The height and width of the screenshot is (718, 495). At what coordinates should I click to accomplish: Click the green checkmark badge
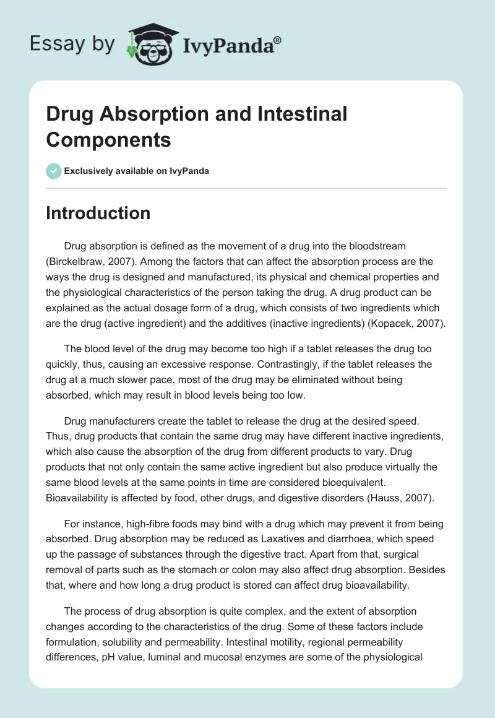point(54,171)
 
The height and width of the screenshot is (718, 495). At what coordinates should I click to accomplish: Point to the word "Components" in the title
point(108,140)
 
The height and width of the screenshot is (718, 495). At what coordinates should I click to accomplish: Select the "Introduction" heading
point(98,213)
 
